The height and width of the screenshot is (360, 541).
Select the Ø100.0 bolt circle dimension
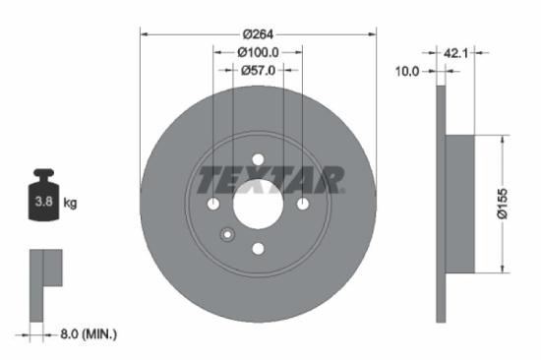pos(258,51)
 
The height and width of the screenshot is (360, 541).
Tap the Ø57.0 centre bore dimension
pos(258,70)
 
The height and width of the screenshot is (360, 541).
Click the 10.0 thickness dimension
pos(407,71)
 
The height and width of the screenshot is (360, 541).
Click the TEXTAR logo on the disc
pos(270,180)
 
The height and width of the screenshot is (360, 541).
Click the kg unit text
pos(71,204)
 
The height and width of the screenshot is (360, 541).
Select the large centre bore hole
pos(258,205)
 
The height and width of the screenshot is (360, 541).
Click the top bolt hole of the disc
pos(258,159)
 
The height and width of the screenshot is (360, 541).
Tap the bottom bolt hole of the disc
pos(258,249)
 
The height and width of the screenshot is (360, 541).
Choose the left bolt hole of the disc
pos(213,204)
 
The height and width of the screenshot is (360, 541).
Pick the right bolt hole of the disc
pos(303,204)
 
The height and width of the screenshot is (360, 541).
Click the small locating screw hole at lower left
pos(227,234)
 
